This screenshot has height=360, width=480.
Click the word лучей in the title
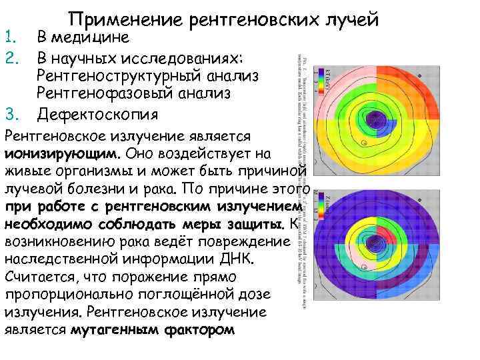coord(351,21)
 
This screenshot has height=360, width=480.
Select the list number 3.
coord(10,115)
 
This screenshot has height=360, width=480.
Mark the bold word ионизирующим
coord(62,154)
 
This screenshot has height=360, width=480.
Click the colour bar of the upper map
coord(326,77)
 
